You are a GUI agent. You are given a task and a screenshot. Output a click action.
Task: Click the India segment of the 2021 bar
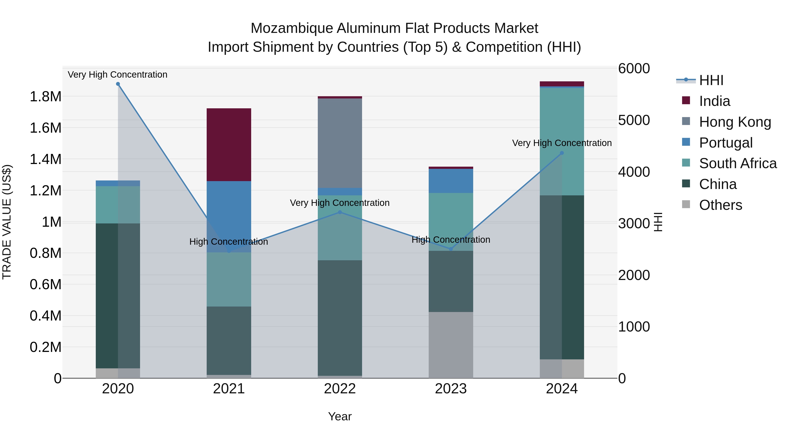click(x=229, y=145)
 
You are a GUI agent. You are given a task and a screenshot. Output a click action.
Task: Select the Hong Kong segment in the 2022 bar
click(x=340, y=143)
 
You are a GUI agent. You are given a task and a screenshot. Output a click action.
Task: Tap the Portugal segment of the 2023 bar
click(x=451, y=181)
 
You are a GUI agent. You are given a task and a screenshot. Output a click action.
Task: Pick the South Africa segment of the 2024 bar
click(x=562, y=142)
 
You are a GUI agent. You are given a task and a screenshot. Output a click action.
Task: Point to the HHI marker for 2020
click(x=118, y=84)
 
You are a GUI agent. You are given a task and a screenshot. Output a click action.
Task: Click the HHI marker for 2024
click(x=562, y=153)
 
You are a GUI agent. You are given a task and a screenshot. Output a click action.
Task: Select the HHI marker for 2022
click(x=340, y=212)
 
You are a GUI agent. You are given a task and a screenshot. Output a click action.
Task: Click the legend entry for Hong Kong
click(x=735, y=122)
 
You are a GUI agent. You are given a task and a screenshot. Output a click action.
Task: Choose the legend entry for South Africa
click(x=737, y=163)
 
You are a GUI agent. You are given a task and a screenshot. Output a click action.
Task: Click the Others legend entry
click(x=720, y=205)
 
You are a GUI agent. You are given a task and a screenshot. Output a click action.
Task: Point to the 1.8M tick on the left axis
click(x=46, y=96)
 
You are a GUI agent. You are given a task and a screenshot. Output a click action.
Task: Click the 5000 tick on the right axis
click(x=634, y=120)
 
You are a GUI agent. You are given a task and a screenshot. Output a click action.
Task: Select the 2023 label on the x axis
click(x=451, y=389)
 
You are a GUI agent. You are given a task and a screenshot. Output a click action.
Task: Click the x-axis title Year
click(x=340, y=416)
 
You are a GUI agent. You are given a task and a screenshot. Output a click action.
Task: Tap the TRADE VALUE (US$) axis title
click(x=7, y=222)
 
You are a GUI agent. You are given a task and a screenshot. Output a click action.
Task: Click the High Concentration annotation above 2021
click(x=229, y=242)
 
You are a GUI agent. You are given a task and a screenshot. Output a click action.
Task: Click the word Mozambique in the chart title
click(x=291, y=28)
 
